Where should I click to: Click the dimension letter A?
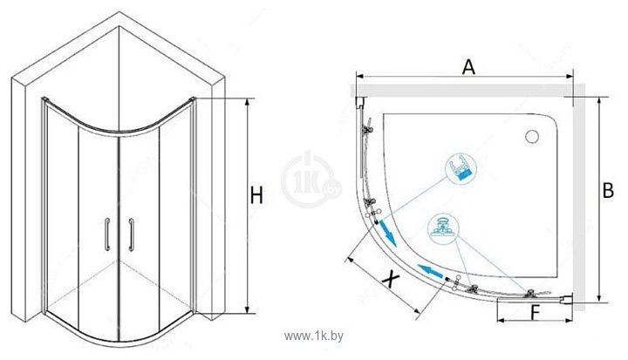pos(468,66)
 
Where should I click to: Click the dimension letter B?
pos(608,190)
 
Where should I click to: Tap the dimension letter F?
pos(535,313)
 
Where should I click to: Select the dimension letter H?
pos(256,195)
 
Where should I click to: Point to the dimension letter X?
pos(390,279)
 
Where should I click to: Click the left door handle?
pos(107,234)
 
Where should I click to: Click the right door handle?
pos(131,234)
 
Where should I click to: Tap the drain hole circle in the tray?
pos(532,137)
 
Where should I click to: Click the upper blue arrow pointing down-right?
pos(387,233)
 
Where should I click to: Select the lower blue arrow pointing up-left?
pos(430,271)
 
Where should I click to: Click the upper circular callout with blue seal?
pos(461,167)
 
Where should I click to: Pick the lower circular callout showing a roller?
pos(443,229)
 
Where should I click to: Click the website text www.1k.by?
pos(314,336)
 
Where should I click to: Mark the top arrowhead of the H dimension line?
pos(248,100)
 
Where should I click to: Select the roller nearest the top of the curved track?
pos(367,129)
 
